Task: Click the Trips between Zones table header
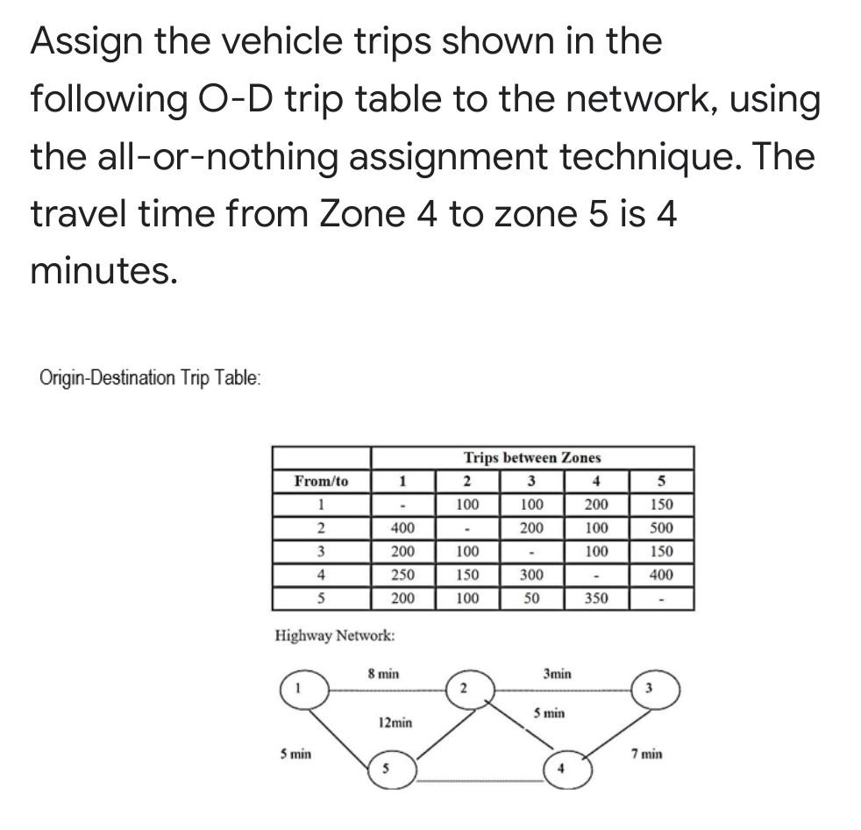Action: (x=532, y=457)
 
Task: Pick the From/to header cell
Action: (x=321, y=481)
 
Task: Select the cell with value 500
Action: (x=661, y=528)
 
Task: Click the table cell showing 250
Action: (x=402, y=576)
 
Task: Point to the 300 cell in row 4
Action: (x=531, y=576)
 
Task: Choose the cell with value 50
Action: (x=531, y=599)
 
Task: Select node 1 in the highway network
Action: (x=304, y=690)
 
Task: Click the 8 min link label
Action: (x=383, y=674)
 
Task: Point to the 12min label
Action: (x=395, y=723)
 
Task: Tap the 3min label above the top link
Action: (x=557, y=674)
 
